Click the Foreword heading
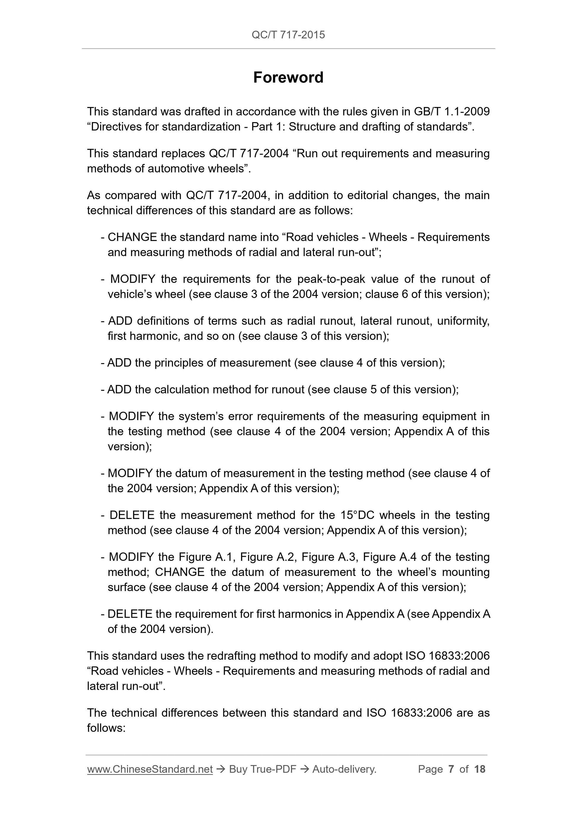point(288,77)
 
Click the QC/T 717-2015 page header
point(288,35)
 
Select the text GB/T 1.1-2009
point(452,111)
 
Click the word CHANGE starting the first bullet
point(132,237)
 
